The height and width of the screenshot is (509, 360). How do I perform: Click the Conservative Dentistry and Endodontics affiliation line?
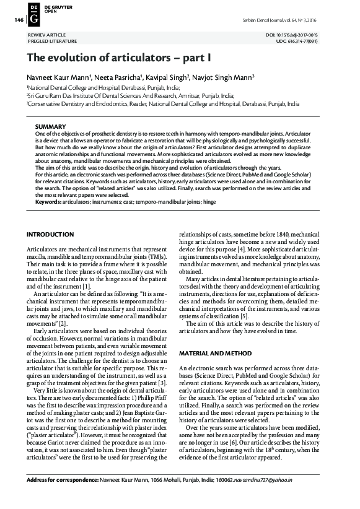[x=162, y=105]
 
